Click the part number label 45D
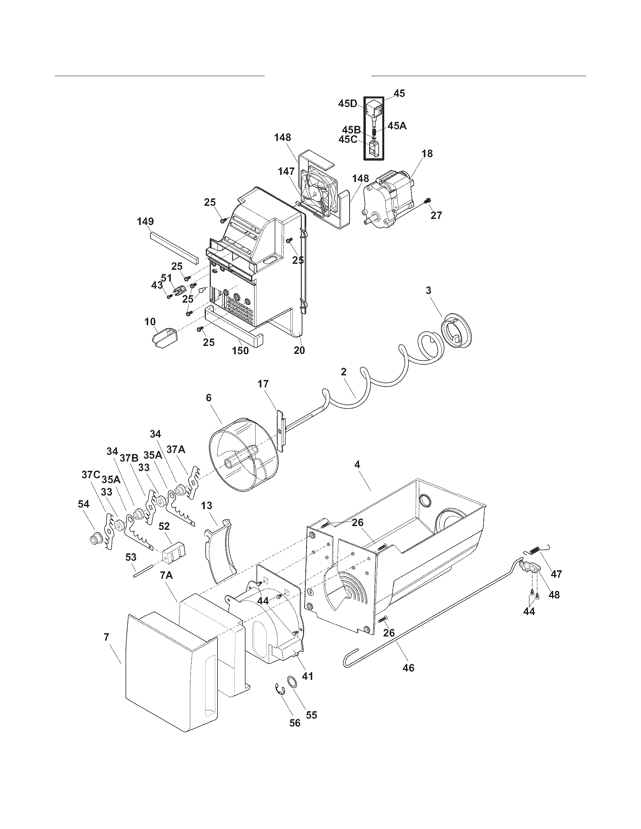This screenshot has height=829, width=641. click(x=348, y=104)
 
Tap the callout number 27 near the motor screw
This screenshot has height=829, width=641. click(x=436, y=215)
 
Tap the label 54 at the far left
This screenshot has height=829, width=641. click(x=83, y=504)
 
